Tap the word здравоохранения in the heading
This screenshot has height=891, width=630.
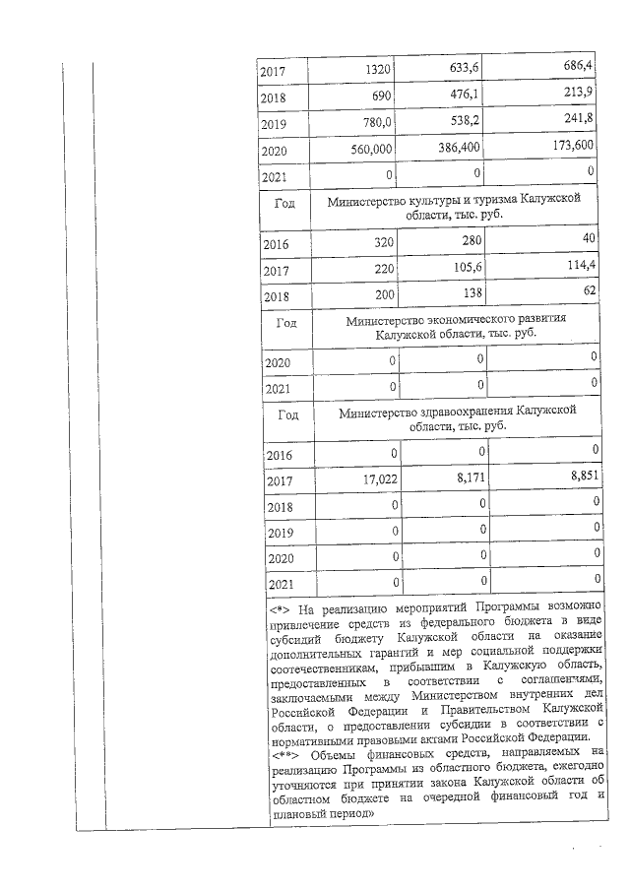click(463, 411)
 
